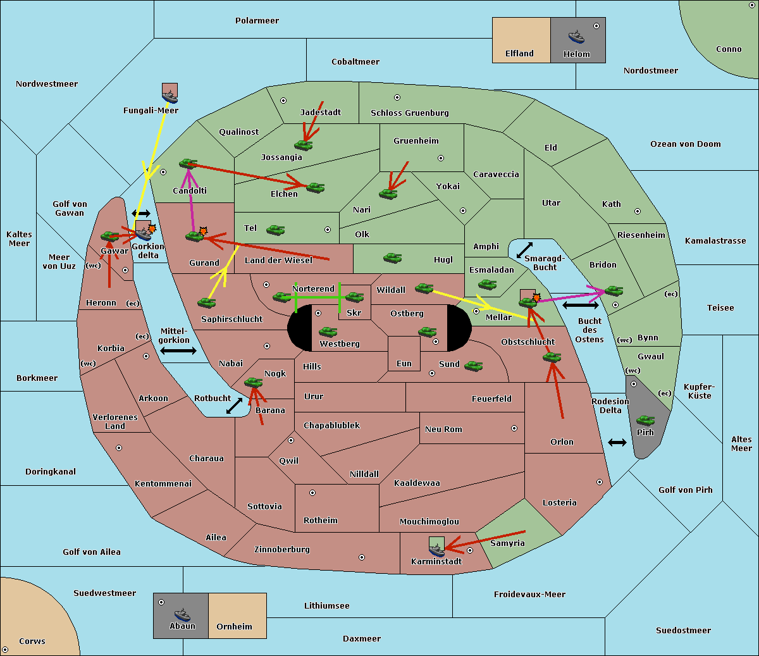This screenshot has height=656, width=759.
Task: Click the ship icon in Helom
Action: pos(576,37)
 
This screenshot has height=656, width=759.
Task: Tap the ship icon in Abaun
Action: pos(182,615)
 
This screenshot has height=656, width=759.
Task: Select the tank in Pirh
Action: pos(645,420)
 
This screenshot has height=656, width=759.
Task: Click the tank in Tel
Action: pos(275,230)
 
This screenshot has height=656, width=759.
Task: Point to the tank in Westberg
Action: pos(328,332)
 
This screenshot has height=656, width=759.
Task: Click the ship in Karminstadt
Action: pos(436,550)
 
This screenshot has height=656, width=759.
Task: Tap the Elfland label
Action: pos(519,54)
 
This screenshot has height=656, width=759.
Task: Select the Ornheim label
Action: pos(234,627)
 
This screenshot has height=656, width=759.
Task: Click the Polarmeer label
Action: pos(257,21)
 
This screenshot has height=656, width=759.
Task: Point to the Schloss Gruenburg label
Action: pos(410,113)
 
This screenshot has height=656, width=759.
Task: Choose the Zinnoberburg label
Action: pos(282,550)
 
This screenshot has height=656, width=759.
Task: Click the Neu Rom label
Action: pos(443,430)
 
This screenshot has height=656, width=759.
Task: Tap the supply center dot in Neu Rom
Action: pos(514,428)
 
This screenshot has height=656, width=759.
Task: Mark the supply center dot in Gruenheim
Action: pos(441,158)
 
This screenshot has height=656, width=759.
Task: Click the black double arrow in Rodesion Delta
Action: pos(617,443)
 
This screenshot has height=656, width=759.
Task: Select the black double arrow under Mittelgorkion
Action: pos(178,350)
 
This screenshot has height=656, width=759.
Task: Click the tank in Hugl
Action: pos(393,258)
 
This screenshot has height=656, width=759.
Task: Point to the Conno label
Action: pos(729,49)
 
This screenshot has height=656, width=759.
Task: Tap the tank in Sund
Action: pos(473,366)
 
